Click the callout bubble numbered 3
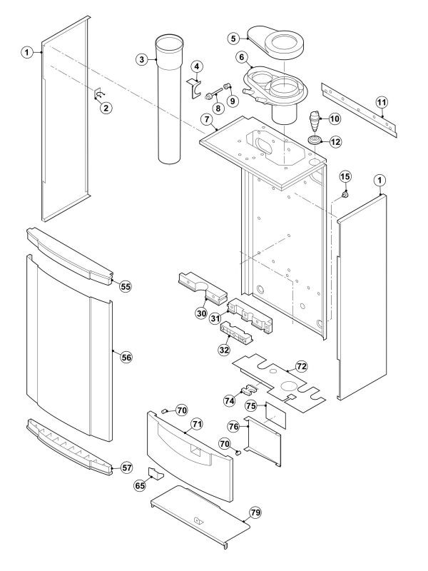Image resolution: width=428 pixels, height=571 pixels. (143, 60)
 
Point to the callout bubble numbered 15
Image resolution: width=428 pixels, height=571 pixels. (345, 176)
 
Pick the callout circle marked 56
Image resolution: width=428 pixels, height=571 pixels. (126, 357)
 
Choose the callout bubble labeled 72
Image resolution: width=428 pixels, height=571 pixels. (302, 366)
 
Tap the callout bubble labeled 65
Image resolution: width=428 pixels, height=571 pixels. (140, 485)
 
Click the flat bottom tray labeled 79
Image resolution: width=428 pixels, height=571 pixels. (196, 514)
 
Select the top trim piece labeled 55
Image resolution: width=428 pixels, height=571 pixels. (68, 255)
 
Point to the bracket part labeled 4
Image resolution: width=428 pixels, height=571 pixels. (194, 86)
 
